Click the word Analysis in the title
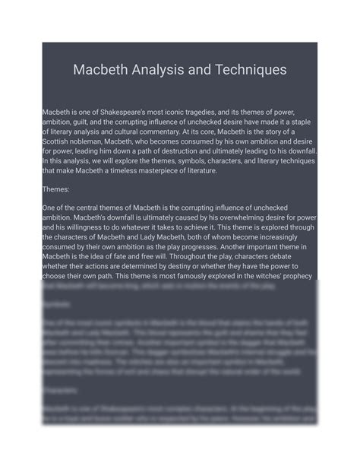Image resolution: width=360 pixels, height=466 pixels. (157, 70)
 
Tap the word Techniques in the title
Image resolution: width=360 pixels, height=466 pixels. (248, 70)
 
